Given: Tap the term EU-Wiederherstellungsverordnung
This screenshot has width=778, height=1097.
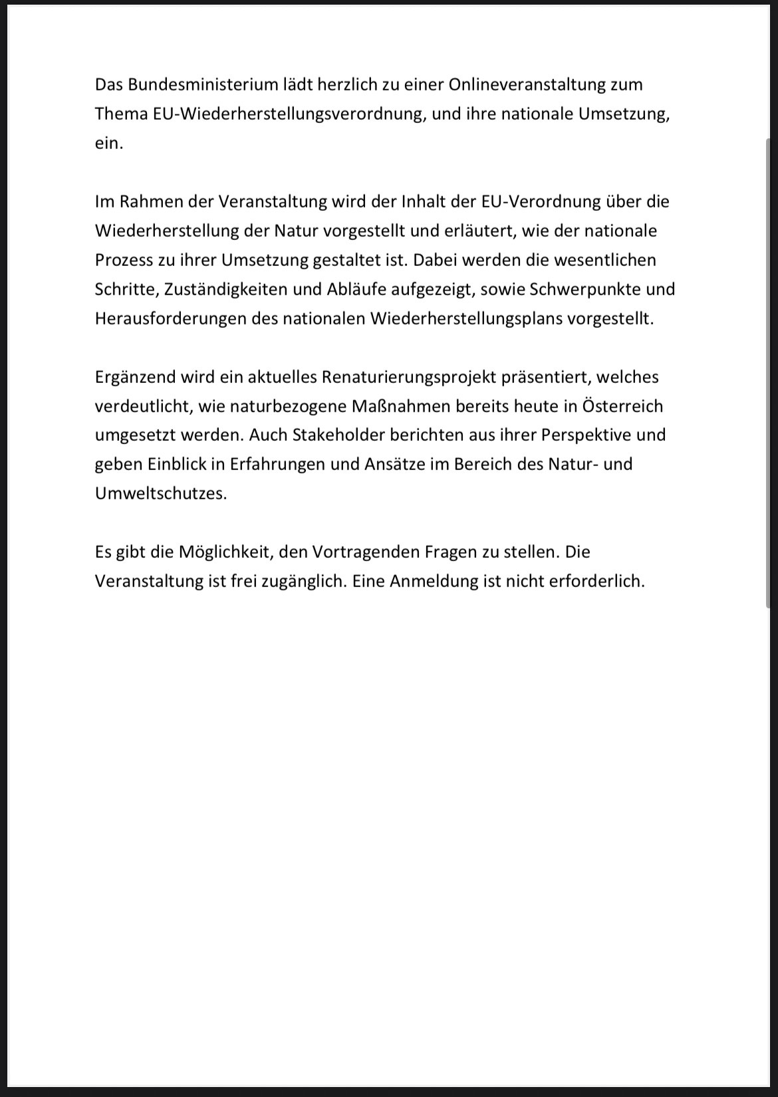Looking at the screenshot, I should (289, 114).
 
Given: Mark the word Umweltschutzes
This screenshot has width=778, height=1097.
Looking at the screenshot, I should (161, 493).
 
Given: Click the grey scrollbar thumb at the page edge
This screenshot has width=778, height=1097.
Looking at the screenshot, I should (769, 372).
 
